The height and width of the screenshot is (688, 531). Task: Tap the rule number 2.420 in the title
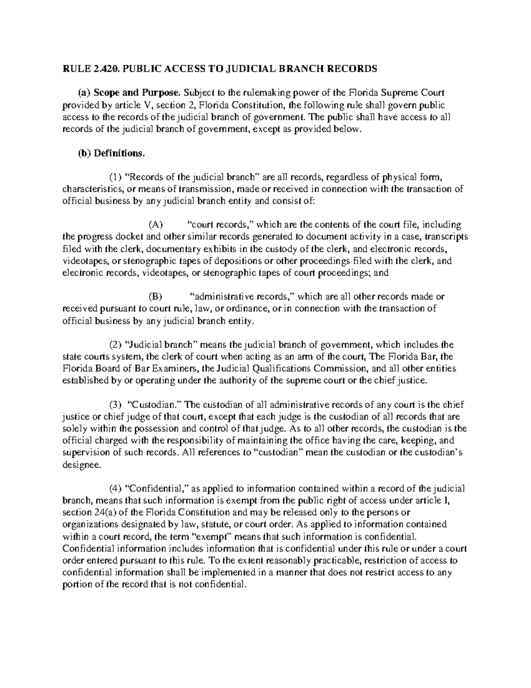(x=106, y=69)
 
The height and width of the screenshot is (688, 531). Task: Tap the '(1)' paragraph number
(x=116, y=178)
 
